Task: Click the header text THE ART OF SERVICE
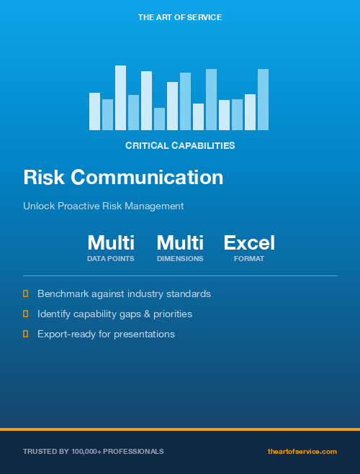(x=180, y=17)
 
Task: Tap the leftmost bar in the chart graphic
(x=94, y=111)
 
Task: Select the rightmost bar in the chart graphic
(x=263, y=99)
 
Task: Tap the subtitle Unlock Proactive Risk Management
(x=104, y=206)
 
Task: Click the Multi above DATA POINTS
(x=111, y=243)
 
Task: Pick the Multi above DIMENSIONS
(x=180, y=243)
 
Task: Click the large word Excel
(x=249, y=243)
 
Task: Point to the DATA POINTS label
(x=111, y=258)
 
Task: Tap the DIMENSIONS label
(x=180, y=258)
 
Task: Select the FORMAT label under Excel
(x=249, y=258)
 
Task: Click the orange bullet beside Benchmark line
(x=26, y=293)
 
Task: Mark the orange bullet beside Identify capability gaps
(x=26, y=314)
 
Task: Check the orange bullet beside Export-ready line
(x=26, y=334)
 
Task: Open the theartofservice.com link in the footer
(x=302, y=451)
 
